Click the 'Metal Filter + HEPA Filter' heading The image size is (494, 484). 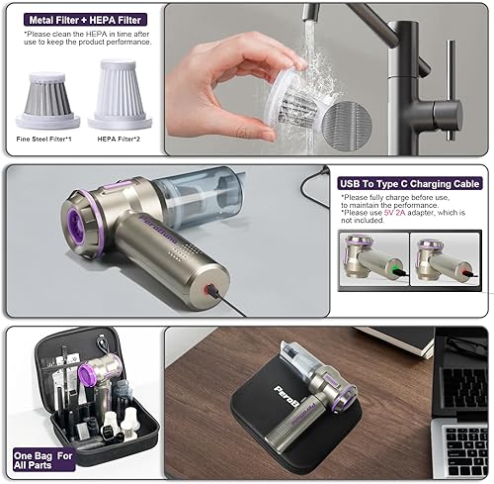point(83,19)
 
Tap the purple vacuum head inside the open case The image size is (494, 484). point(86,372)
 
